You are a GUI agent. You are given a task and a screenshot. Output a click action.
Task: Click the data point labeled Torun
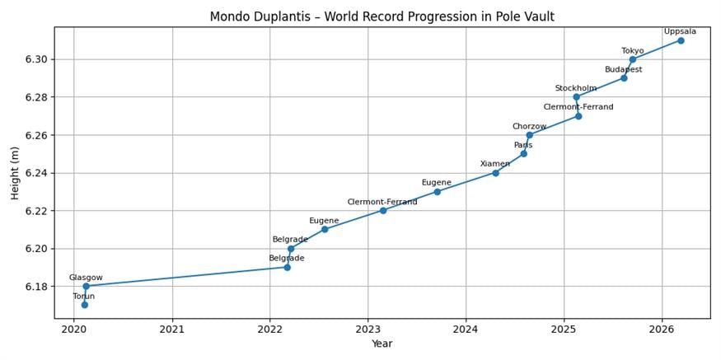point(84,305)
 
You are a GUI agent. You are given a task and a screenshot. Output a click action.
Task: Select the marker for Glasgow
point(86,286)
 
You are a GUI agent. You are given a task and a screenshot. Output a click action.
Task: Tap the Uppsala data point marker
point(681,40)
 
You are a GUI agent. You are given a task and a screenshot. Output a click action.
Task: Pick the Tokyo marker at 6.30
point(632,59)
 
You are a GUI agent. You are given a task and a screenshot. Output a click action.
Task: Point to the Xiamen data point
point(495,173)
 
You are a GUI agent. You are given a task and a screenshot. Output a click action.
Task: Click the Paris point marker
point(523,153)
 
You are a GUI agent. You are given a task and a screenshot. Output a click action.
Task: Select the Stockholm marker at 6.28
point(576,97)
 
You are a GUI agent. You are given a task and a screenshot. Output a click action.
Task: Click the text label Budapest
point(623,70)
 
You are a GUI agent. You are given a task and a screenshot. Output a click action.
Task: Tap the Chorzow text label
point(529,127)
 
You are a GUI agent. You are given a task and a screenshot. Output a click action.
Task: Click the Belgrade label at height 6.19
point(287,259)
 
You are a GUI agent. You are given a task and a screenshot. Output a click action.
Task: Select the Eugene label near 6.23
point(437,183)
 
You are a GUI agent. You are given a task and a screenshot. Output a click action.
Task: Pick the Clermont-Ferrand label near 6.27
point(578,107)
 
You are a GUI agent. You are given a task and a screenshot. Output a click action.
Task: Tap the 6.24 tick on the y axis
point(37,173)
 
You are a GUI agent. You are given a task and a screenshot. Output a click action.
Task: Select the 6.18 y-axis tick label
point(37,287)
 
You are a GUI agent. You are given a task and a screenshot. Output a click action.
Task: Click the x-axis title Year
point(382,344)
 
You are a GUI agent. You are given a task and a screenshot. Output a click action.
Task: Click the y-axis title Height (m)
point(15,172)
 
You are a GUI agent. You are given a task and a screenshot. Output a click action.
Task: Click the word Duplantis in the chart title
point(281,16)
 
